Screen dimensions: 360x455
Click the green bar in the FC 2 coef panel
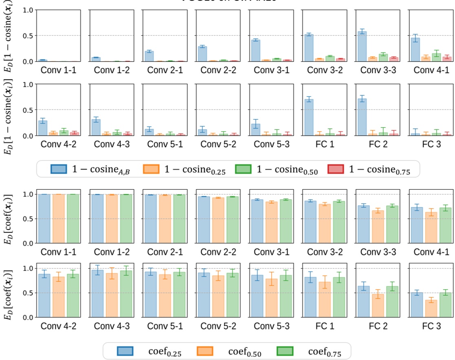click(391, 301)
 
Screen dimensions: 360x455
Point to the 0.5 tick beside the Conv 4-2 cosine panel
click(29, 110)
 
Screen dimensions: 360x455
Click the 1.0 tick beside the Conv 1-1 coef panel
click(29, 194)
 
